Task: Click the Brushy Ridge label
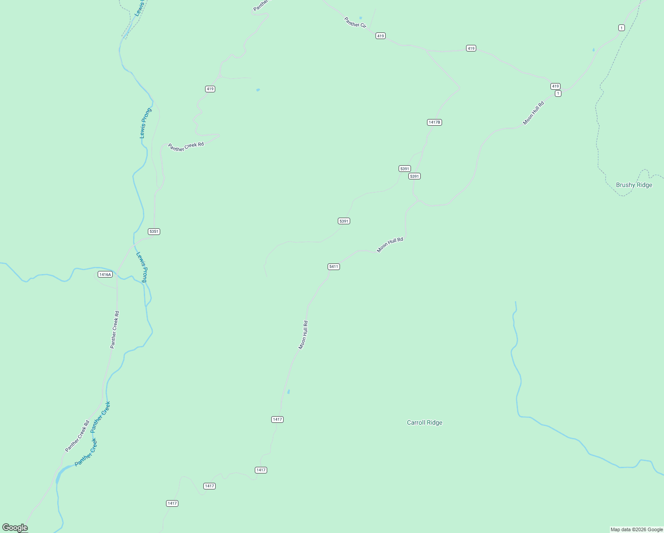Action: tap(634, 185)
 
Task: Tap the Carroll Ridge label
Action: tap(424, 423)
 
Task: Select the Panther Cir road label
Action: tap(355, 23)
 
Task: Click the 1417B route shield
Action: tap(434, 122)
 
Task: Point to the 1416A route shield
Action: tap(105, 274)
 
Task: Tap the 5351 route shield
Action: tap(154, 231)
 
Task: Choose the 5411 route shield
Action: tap(334, 266)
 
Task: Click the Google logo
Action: tap(15, 528)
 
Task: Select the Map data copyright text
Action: tap(636, 529)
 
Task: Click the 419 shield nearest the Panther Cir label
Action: tap(380, 36)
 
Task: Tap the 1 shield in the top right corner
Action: tap(621, 28)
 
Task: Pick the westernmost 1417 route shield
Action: tap(172, 503)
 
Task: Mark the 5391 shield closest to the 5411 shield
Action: tap(344, 221)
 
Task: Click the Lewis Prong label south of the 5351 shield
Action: tap(142, 267)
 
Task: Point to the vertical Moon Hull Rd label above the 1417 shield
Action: tap(303, 335)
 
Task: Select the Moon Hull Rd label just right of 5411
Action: tap(390, 245)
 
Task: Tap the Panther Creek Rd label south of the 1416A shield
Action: tap(115, 329)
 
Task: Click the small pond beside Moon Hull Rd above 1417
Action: tap(289, 391)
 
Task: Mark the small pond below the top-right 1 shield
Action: tap(593, 49)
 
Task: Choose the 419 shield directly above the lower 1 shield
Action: tap(555, 86)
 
